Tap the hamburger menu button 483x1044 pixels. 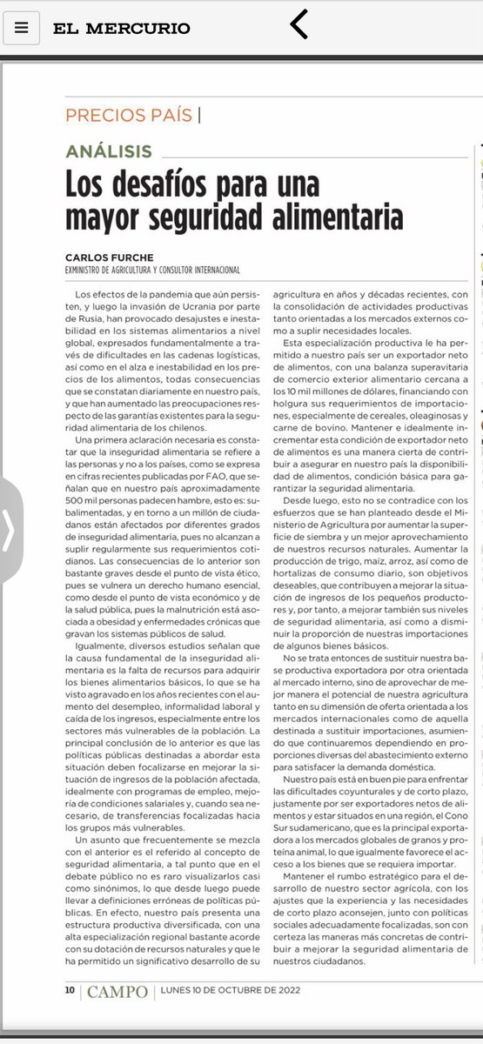point(22,28)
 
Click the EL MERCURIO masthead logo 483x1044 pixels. point(121,28)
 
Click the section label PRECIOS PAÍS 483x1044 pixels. point(130,115)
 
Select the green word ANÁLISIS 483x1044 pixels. point(109,151)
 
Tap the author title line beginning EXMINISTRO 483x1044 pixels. point(152,270)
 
